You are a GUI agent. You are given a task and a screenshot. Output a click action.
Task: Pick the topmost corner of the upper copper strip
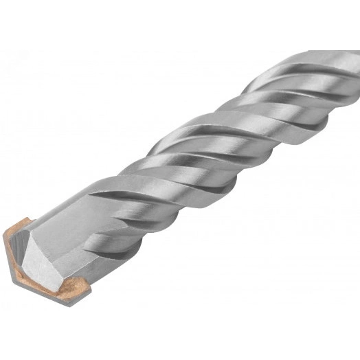click(x=28, y=219)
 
